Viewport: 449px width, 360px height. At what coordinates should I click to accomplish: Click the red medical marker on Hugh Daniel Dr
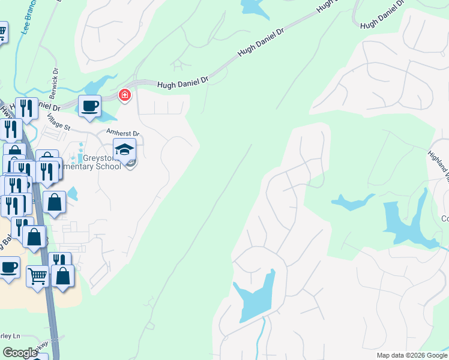click(124, 95)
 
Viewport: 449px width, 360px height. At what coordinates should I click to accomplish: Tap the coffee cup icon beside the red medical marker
click(90, 107)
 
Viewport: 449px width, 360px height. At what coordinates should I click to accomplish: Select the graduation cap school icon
click(124, 149)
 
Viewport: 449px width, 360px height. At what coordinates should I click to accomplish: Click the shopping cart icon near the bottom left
click(37, 277)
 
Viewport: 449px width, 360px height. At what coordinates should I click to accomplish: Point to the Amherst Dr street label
click(122, 133)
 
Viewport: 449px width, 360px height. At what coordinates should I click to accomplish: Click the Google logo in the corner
click(20, 352)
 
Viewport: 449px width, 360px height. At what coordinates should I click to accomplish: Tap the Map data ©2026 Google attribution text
click(411, 355)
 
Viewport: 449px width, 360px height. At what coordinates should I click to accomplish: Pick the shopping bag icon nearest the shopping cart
click(62, 276)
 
